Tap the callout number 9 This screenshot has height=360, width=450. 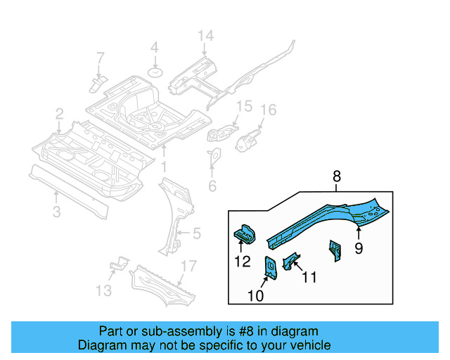(358, 247)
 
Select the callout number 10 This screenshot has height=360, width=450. (255, 296)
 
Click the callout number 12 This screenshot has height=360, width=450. (242, 262)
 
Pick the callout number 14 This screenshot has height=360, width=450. (205, 36)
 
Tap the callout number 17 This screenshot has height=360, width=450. (188, 266)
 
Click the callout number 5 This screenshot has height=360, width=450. (196, 233)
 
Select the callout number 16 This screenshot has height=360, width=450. (269, 110)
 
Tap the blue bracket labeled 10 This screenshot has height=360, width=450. (270, 268)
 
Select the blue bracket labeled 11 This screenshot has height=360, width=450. (290, 259)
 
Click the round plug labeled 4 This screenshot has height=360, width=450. (155, 72)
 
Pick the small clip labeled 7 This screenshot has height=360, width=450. (98, 83)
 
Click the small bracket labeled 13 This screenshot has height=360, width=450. (120, 264)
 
